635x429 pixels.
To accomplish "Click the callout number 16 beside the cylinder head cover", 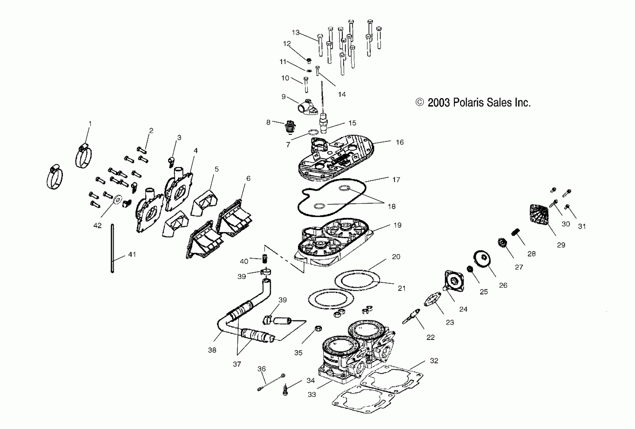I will coord(399,142).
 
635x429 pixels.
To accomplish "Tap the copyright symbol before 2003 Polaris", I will coord(419,102).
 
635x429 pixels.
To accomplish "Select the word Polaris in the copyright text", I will coord(468,103).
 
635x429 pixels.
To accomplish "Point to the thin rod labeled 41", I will coord(112,248).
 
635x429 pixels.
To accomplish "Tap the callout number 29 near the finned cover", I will coord(561,245).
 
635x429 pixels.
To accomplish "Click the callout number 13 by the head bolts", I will coord(296,33).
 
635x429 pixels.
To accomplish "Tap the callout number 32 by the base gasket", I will coord(434,361).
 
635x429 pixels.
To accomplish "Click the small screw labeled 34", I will coord(285,389).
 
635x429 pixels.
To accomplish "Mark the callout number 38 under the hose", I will coord(212,350).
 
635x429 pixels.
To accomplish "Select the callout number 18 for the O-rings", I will coord(392,206).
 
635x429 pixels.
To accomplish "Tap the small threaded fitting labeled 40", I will coord(264,258).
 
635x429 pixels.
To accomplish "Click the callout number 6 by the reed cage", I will coord(248,178).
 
